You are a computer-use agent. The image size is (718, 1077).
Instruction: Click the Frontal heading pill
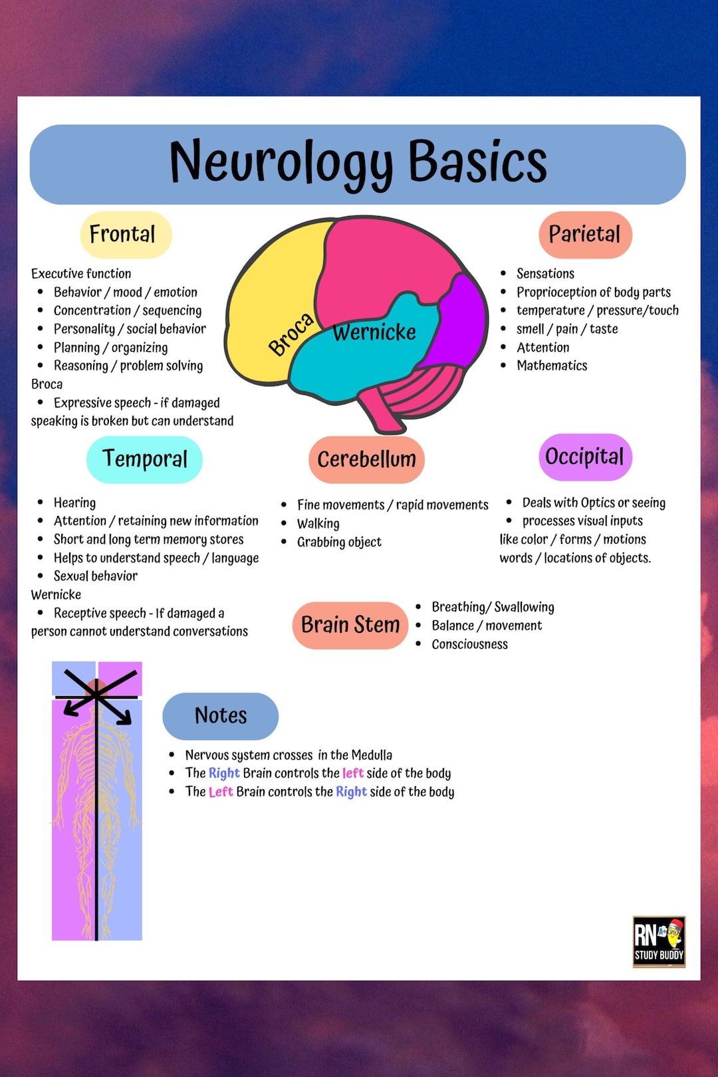pos(126,235)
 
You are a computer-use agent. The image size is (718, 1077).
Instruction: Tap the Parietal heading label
pos(585,235)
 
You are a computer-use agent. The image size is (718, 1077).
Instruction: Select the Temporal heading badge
pos(144,459)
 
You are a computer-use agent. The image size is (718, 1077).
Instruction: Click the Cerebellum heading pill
pos(366,459)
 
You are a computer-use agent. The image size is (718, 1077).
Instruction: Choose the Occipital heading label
pos(584,457)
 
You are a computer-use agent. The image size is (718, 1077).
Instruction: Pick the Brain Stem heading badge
pos(350,625)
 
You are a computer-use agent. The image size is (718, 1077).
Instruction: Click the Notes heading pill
pos(221,716)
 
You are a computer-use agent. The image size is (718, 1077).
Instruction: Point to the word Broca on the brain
pos(291,334)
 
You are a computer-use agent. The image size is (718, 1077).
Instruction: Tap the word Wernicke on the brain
pos(374,332)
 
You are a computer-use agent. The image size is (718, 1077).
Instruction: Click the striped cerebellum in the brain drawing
pos(419,389)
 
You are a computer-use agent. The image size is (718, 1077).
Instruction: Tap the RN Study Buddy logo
pos(658,941)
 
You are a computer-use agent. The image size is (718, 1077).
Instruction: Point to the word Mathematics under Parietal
pos(552,366)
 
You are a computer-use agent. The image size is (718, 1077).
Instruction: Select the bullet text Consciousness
pos(469,644)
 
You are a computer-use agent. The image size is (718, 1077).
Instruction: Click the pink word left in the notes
pos(353,773)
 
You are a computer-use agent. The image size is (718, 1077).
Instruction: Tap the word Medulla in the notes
pos(372,755)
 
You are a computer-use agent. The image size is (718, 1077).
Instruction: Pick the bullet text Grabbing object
pos(339,542)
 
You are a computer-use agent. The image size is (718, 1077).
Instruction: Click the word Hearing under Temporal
pos(74,503)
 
